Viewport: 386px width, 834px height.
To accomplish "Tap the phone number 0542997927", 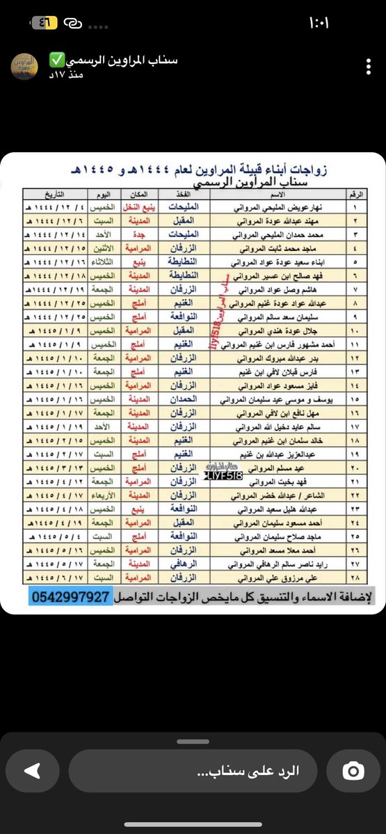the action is (x=71, y=597).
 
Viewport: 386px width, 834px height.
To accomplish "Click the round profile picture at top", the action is (x=25, y=66).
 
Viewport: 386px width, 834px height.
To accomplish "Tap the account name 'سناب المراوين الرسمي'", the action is (x=113, y=60).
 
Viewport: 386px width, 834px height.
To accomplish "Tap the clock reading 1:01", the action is (x=319, y=22).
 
